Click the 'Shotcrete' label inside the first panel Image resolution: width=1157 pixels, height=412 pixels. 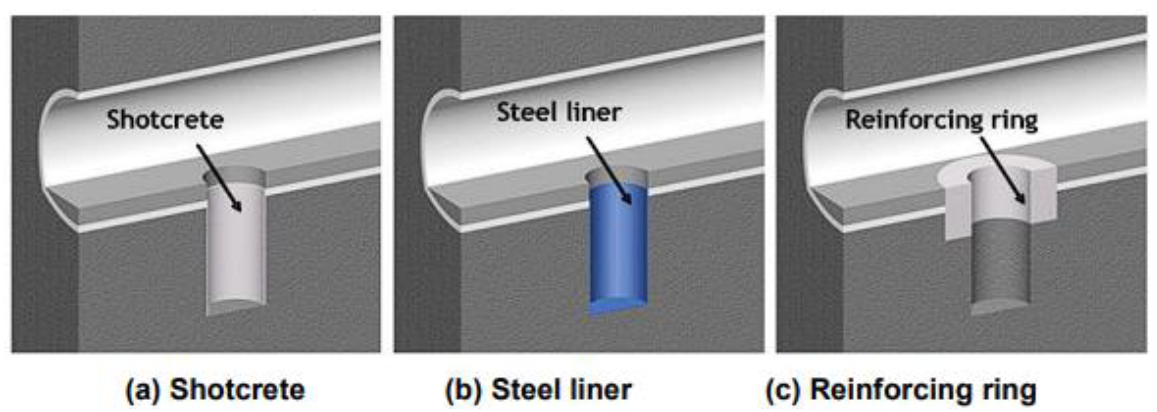pos(165,120)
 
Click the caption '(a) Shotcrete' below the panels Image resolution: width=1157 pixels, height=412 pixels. pos(215,389)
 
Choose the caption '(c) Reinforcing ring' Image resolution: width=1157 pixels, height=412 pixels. pos(901,389)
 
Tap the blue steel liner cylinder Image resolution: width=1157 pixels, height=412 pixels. pos(618,251)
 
